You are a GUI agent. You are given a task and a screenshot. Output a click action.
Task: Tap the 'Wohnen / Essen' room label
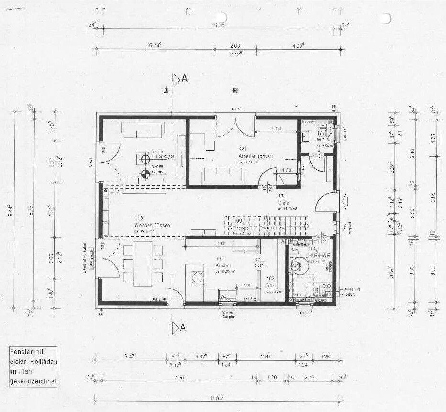152,225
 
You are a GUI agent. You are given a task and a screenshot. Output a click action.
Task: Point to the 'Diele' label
283,203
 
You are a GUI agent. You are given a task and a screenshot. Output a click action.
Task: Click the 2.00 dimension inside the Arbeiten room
276,129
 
